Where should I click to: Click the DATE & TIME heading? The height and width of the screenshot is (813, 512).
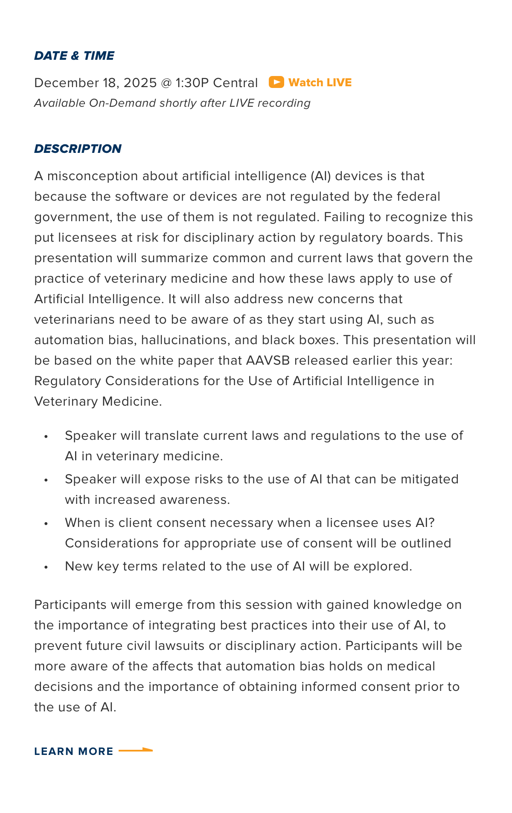click(x=74, y=56)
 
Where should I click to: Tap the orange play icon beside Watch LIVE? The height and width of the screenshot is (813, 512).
click(x=276, y=82)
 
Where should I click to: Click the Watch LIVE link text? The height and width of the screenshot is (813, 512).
click(x=320, y=82)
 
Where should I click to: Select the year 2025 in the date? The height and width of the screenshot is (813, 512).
click(x=140, y=83)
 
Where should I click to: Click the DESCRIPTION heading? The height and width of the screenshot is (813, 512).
click(x=78, y=149)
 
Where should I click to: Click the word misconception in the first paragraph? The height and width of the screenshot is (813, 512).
click(x=93, y=176)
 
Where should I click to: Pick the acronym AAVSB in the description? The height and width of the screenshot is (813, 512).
click(x=268, y=360)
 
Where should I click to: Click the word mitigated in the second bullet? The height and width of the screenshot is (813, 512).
click(x=429, y=479)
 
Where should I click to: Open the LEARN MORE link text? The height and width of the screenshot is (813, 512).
click(x=74, y=752)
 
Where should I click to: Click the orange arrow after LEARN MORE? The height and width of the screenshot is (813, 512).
click(x=135, y=750)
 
